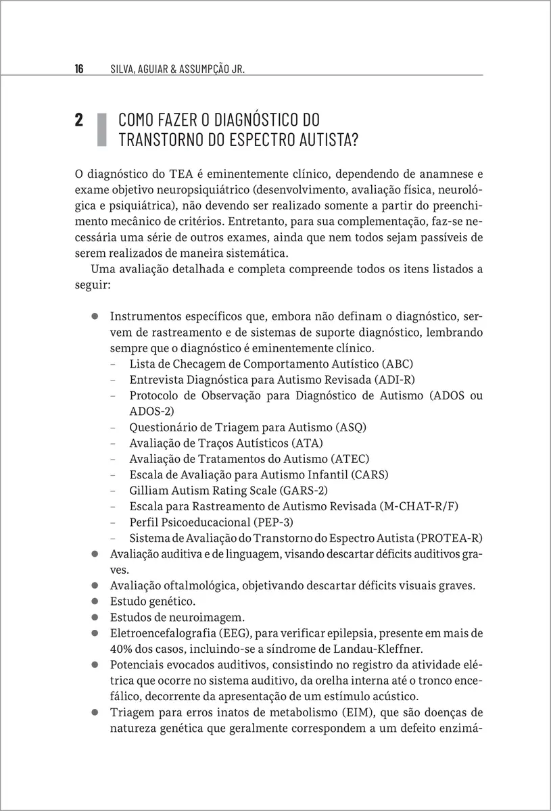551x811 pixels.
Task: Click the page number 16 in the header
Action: coord(79,69)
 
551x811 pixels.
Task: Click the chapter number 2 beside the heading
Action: coord(79,121)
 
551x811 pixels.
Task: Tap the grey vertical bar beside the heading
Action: coord(101,130)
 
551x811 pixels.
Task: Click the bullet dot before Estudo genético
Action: coord(96,601)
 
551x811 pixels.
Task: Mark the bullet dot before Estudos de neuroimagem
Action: coord(96,616)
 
